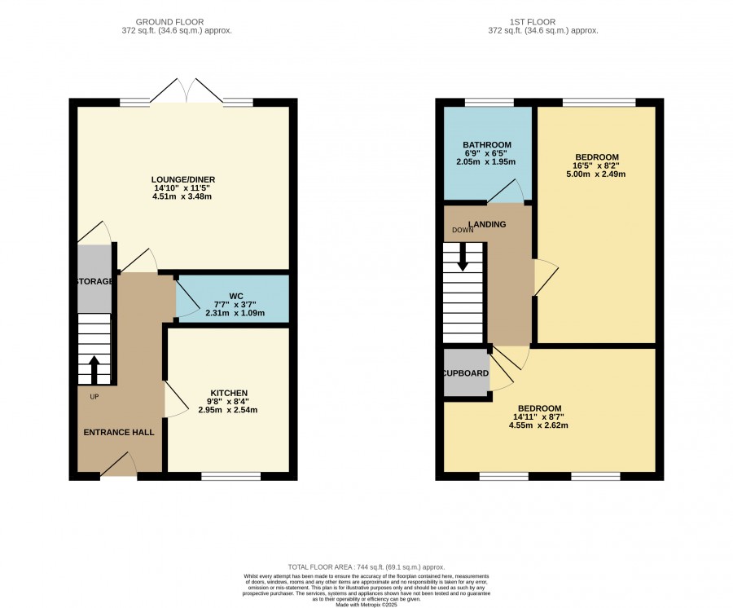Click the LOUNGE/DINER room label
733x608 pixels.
[x=183, y=179]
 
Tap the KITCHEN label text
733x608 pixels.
[x=229, y=393]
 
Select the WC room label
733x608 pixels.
[x=236, y=296]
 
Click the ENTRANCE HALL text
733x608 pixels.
[x=119, y=432]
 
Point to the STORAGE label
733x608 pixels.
[x=94, y=281]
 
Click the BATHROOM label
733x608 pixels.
[x=487, y=145]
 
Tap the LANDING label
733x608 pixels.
[x=488, y=224]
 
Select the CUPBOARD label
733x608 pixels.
[x=466, y=373]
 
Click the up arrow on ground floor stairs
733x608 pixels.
[x=94, y=369]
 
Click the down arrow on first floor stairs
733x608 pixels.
[x=463, y=257]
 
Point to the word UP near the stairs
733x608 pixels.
[x=94, y=397]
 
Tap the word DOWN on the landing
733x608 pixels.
[x=463, y=230]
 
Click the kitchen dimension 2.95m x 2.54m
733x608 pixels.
[x=228, y=410]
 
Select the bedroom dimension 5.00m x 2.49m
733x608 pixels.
[x=596, y=174]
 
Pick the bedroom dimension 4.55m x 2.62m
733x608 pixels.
[x=538, y=425]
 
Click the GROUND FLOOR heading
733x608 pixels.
[x=169, y=22]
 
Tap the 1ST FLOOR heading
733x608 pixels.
[x=533, y=22]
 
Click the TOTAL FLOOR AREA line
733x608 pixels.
[x=366, y=567]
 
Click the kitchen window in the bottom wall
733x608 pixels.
[x=231, y=476]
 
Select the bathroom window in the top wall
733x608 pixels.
[x=489, y=103]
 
